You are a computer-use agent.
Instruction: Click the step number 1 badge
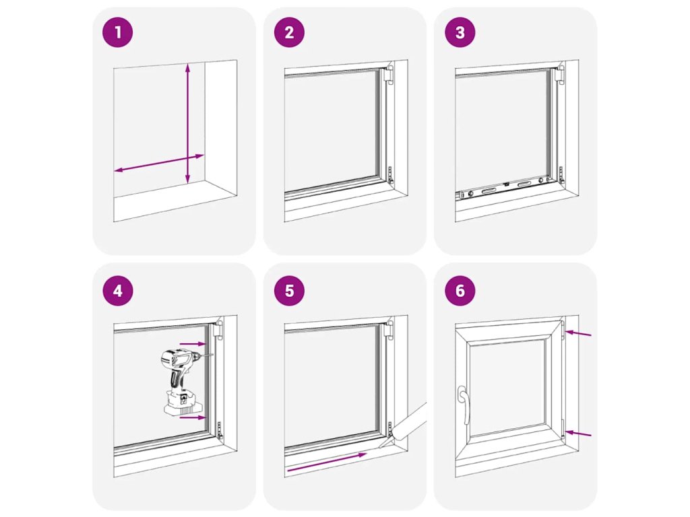coord(117,32)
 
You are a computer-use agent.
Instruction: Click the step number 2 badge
coord(289,32)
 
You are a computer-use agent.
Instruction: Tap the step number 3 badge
coord(460,32)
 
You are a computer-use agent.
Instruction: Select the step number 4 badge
coord(117,291)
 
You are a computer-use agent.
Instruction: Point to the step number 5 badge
coord(289,291)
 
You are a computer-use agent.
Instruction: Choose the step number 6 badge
coord(460,291)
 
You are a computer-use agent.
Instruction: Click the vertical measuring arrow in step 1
coord(187,123)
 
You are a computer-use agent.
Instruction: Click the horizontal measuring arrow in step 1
coord(159,163)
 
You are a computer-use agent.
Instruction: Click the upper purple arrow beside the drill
coord(193,344)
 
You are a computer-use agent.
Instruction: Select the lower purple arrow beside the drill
coord(193,417)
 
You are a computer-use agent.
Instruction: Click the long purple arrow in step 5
coord(327,462)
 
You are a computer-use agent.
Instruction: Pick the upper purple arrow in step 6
coord(578,334)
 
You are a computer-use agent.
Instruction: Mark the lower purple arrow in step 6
coord(578,434)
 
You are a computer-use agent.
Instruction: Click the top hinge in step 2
coord(388,74)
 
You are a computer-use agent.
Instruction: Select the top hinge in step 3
coord(559,74)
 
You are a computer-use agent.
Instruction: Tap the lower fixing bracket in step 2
coord(390,175)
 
